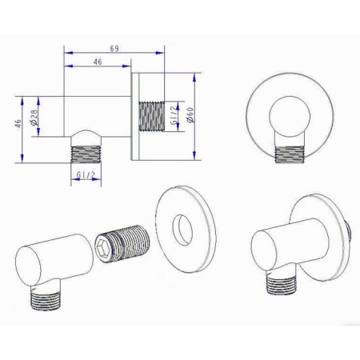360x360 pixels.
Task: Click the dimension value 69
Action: pyautogui.click(x=114, y=49)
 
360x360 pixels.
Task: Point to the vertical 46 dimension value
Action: pyautogui.click(x=18, y=123)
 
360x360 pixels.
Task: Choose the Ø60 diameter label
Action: pyautogui.click(x=190, y=115)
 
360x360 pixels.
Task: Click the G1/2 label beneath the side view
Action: pyautogui.click(x=86, y=174)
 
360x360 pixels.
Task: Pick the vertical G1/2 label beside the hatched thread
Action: pyautogui.click(x=174, y=115)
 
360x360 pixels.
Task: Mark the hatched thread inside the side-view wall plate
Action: pyautogui.click(x=151, y=116)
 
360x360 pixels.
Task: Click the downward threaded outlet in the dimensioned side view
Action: pyautogui.click(x=86, y=154)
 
